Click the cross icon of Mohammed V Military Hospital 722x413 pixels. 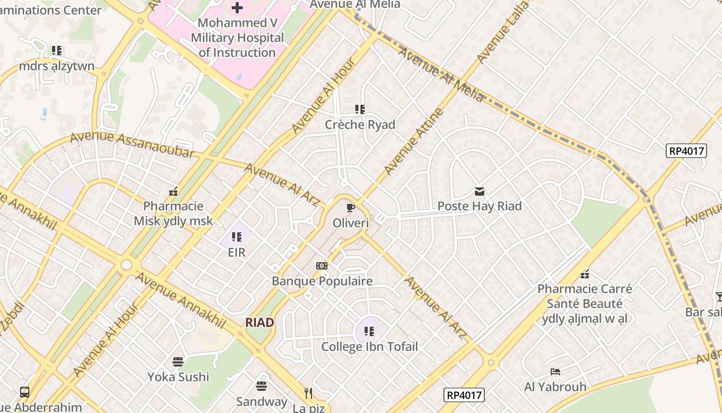coord(237,8)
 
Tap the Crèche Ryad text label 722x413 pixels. coord(360,125)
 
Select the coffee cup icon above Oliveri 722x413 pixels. coord(351,208)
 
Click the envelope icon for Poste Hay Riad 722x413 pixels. coord(480,192)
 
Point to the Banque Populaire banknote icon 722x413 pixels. coord(322,266)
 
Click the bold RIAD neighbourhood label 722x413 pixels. coord(259,323)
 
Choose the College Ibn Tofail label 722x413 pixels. coord(369,347)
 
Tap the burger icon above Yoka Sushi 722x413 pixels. coord(178,361)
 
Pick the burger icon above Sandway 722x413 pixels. coord(261,386)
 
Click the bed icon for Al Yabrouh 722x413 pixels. coord(555,371)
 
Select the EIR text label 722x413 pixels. coord(237,252)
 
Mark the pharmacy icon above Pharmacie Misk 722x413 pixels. coord(173,192)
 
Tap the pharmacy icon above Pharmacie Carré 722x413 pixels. coord(585,274)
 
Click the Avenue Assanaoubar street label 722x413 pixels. coord(132,145)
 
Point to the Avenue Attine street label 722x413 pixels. coord(414,141)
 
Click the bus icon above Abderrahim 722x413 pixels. coord(24,392)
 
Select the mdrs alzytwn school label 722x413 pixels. coord(57,66)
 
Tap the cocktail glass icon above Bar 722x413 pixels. coord(719,297)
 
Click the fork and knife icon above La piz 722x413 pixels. coord(308,393)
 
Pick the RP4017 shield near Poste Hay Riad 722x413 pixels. coord(685,151)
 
